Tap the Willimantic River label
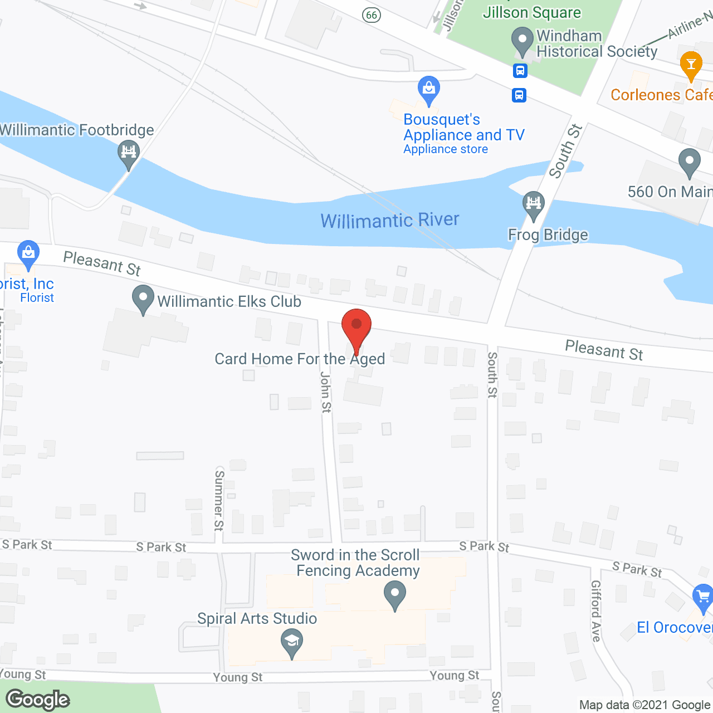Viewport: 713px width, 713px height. (390, 221)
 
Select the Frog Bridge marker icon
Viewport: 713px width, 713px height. (534, 204)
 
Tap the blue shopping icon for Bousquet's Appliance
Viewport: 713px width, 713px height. (429, 90)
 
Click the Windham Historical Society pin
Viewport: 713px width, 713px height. (522, 41)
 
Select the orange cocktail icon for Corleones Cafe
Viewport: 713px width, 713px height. (691, 65)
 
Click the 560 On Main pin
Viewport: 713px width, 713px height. (690, 162)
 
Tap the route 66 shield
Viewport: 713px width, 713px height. (372, 14)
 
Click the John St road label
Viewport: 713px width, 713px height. (326, 393)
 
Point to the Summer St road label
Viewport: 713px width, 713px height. (219, 500)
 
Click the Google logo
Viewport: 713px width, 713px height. (38, 700)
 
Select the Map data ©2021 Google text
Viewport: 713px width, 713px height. (645, 705)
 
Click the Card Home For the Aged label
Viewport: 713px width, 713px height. (300, 359)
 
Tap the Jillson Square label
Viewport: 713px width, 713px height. (531, 12)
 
